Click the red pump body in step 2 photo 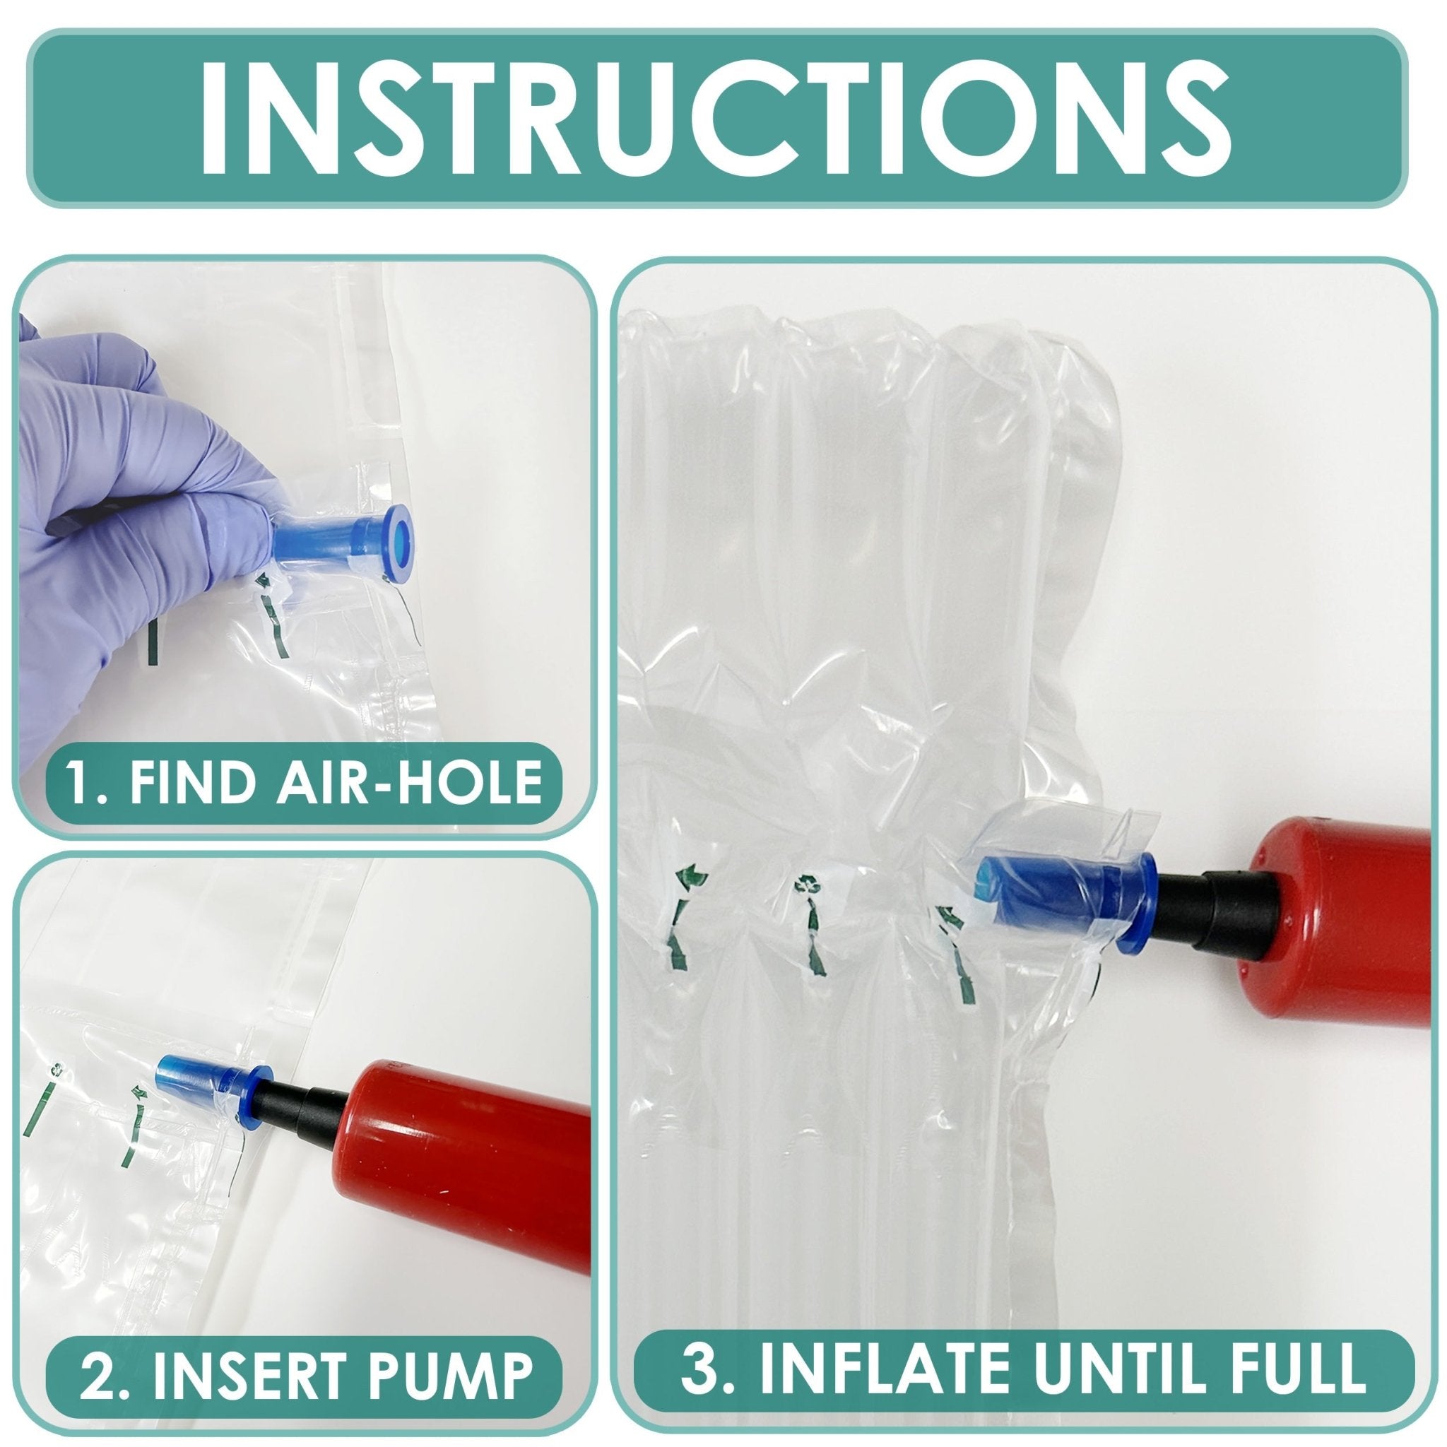coord(464,1157)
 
